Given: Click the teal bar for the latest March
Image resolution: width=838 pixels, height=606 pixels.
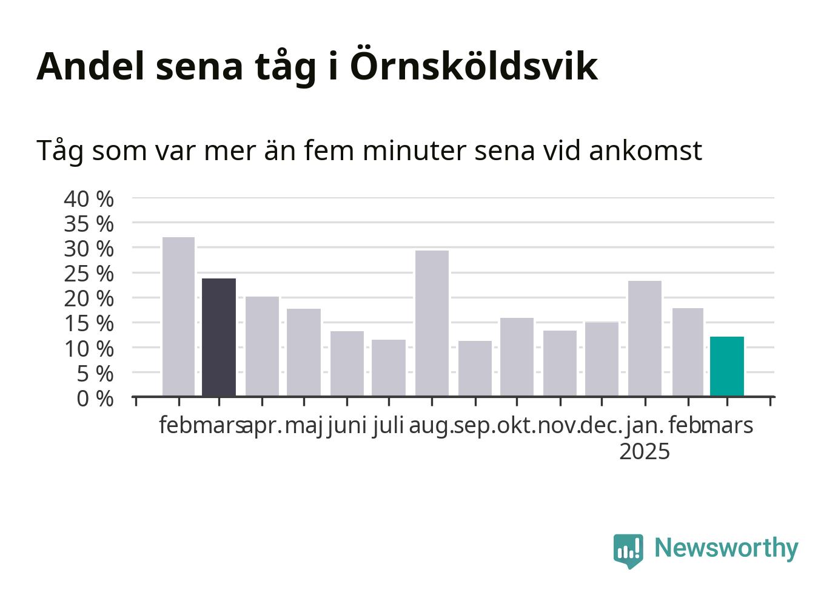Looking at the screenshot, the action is (727, 366).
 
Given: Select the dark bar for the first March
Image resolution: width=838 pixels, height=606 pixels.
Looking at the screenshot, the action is (219, 337).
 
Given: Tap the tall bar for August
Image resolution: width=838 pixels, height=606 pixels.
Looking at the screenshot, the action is (432, 323).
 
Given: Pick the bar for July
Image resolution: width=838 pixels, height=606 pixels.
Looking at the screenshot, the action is (389, 368).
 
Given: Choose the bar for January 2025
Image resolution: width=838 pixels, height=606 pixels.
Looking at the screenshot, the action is (645, 338).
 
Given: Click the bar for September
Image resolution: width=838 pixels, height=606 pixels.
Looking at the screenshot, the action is (475, 368).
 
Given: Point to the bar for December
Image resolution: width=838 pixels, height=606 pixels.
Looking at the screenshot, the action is (602, 359).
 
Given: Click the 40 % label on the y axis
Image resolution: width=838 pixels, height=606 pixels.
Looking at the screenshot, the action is (89, 199).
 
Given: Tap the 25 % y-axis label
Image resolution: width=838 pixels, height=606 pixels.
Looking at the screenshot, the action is (89, 274).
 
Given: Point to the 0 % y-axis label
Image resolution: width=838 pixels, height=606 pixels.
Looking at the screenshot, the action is (95, 399).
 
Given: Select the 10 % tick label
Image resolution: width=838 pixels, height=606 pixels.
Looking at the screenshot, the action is (89, 349).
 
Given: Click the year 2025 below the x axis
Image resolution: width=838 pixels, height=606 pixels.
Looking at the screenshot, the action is (645, 451).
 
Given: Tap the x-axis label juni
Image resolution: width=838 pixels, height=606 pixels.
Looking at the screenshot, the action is (347, 426).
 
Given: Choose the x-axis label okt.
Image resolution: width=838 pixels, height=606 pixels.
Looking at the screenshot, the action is (517, 426).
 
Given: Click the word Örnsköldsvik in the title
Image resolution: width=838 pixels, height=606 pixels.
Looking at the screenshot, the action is (474, 64).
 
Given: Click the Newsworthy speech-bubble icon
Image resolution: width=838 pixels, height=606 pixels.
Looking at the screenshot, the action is (628, 551).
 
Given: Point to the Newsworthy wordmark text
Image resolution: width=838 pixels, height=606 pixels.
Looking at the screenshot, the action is (726, 548).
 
